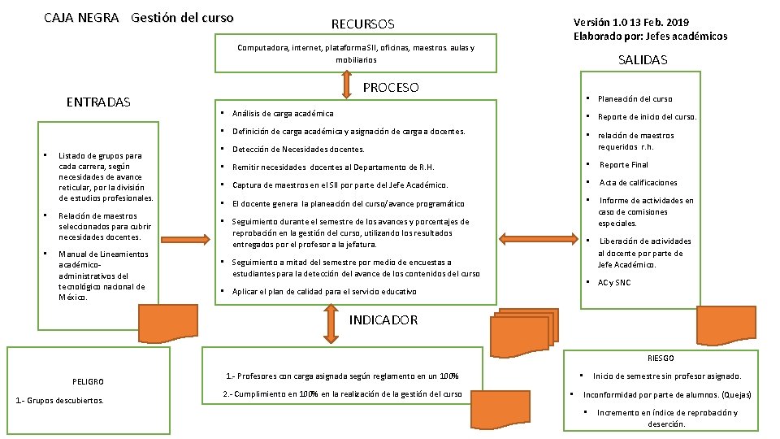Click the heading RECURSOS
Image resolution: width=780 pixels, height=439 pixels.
point(362,24)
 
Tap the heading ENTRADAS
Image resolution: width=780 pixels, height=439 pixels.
point(98,102)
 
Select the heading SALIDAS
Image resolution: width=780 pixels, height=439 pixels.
point(642,60)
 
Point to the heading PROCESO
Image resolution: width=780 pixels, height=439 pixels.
point(390,87)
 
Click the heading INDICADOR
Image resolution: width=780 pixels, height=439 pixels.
point(383,319)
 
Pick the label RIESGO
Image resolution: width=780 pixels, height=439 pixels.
point(661,358)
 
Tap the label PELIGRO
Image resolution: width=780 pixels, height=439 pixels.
point(88,380)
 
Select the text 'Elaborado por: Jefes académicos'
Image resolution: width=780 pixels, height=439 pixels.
point(650,36)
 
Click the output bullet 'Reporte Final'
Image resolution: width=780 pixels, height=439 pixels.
point(624,165)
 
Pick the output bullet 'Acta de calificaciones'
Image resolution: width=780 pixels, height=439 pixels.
point(638,183)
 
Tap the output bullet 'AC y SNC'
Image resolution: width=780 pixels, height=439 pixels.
point(613,283)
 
